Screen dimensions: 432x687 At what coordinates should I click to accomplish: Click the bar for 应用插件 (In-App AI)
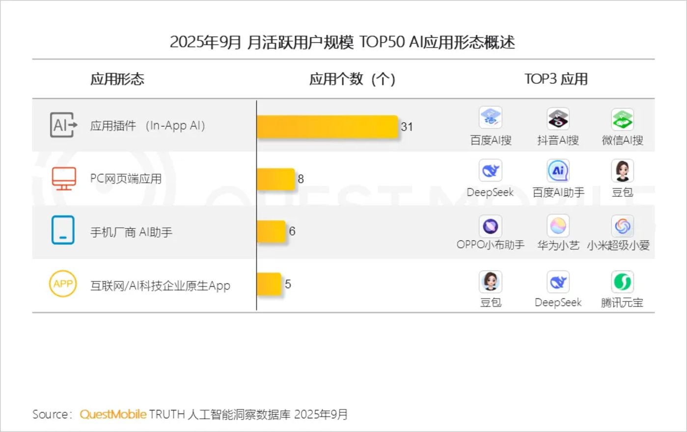pyautogui.click(x=327, y=127)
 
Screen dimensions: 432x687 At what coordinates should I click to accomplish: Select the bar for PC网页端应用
pyautogui.click(x=275, y=179)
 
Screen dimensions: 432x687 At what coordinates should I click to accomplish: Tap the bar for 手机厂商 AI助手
pyautogui.click(x=271, y=231)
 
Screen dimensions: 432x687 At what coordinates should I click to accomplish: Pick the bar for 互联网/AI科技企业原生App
pyautogui.click(x=269, y=284)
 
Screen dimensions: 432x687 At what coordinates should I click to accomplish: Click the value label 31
pyautogui.click(x=407, y=127)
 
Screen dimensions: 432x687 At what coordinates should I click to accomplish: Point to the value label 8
pyautogui.click(x=301, y=179)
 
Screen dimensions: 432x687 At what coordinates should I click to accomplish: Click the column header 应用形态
pyautogui.click(x=117, y=79)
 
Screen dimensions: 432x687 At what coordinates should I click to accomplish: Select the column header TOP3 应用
pyautogui.click(x=556, y=79)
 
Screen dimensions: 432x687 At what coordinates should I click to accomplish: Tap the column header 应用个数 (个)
pyautogui.click(x=352, y=79)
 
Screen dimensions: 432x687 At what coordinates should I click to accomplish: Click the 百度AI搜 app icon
pyautogui.click(x=490, y=118)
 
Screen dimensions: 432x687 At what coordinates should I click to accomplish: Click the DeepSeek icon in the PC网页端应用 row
pyautogui.click(x=490, y=171)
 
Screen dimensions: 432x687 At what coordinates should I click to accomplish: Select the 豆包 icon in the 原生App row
pyautogui.click(x=490, y=282)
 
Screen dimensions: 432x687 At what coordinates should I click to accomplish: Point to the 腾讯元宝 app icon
pyautogui.click(x=622, y=282)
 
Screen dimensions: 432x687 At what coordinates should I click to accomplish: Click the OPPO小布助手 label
pyautogui.click(x=490, y=244)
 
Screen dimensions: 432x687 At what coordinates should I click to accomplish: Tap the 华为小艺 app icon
pyautogui.click(x=558, y=226)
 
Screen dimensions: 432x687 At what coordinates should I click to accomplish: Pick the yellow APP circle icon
pyautogui.click(x=63, y=284)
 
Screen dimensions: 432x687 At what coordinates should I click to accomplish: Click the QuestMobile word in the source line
pyautogui.click(x=113, y=414)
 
